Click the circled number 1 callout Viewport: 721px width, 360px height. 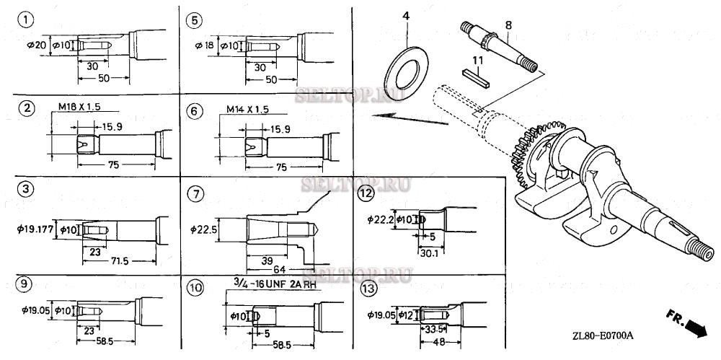point(27,20)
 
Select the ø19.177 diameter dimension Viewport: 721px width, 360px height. point(35,229)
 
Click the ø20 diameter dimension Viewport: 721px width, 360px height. point(35,45)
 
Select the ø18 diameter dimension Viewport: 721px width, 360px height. point(203,45)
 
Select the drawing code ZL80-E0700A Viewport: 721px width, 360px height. point(604,335)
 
